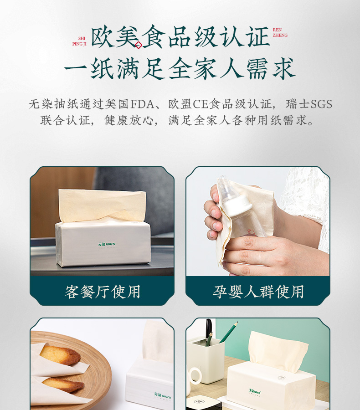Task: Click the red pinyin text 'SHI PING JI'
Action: (79, 41)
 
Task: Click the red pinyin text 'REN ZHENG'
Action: (280, 32)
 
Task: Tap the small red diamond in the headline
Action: (139, 45)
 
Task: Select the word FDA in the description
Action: (142, 104)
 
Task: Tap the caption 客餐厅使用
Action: (103, 292)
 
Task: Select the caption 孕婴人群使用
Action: (258, 292)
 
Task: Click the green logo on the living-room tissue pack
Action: (107, 245)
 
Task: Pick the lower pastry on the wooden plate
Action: (63, 385)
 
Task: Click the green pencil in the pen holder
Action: (228, 333)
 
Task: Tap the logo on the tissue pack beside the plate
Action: (163, 395)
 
